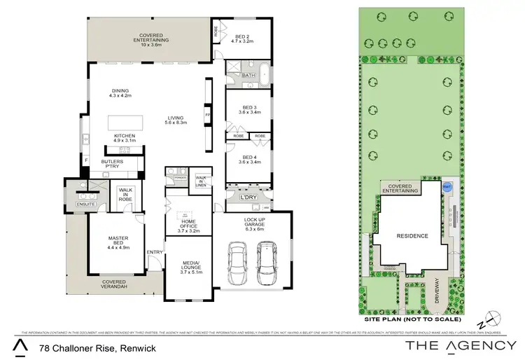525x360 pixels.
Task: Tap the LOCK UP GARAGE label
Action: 255,224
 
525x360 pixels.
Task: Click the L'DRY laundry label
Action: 247,198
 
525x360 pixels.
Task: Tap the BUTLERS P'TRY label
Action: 112,165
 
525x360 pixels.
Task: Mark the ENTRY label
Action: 155,252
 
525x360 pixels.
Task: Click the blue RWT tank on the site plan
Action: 447,187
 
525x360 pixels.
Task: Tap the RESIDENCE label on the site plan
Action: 412,236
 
